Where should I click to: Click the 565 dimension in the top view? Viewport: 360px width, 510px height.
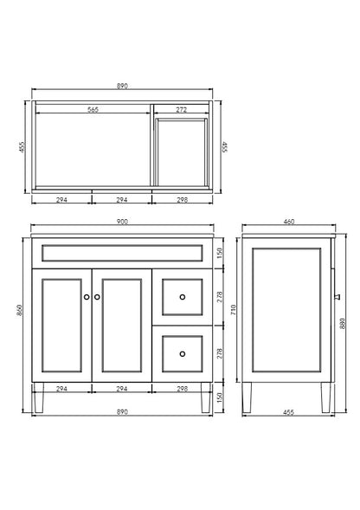point(92,110)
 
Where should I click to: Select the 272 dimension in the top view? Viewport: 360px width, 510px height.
point(180,110)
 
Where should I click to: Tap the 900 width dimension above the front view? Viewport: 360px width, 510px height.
point(122,223)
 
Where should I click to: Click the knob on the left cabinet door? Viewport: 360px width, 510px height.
point(87,297)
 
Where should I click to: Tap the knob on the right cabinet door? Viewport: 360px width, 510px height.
point(97,297)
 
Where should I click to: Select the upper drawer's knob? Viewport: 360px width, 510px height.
point(182,297)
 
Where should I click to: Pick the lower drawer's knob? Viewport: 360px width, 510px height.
point(182,352)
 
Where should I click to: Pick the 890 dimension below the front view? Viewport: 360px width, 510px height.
point(122,412)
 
